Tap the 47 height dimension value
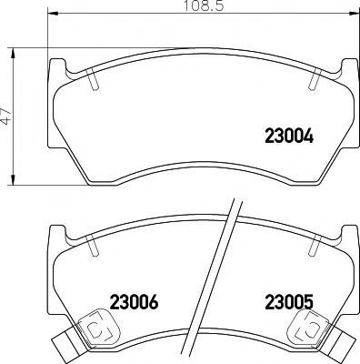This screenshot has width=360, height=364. point(7,118)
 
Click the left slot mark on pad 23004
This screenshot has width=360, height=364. point(95,81)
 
